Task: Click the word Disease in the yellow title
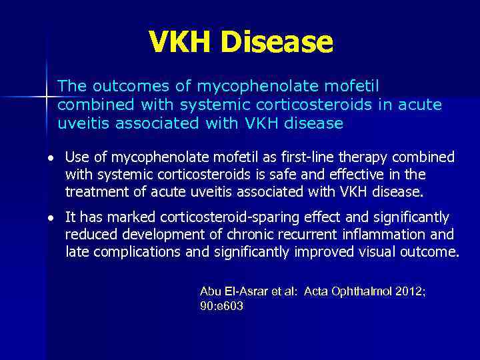(277, 43)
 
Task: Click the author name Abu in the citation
(211, 291)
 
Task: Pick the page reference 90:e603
(221, 306)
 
